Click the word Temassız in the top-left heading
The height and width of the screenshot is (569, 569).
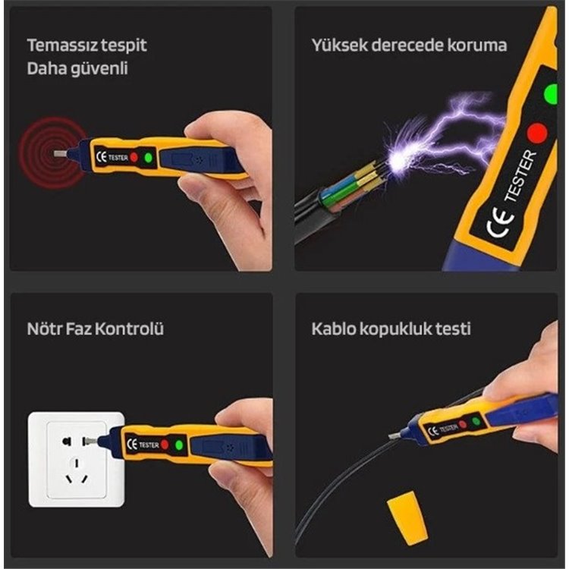(62, 45)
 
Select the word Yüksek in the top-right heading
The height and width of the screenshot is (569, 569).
(339, 45)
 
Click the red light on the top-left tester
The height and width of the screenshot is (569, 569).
(134, 158)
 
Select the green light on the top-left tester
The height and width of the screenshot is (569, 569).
(148, 158)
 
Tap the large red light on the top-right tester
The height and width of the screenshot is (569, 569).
(536, 133)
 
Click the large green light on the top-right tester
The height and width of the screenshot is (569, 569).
(551, 94)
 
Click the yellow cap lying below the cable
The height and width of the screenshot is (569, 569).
(407, 517)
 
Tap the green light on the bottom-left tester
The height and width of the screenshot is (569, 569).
(179, 445)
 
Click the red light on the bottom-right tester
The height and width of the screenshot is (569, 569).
(462, 424)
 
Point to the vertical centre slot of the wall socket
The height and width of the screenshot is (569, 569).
(77, 463)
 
